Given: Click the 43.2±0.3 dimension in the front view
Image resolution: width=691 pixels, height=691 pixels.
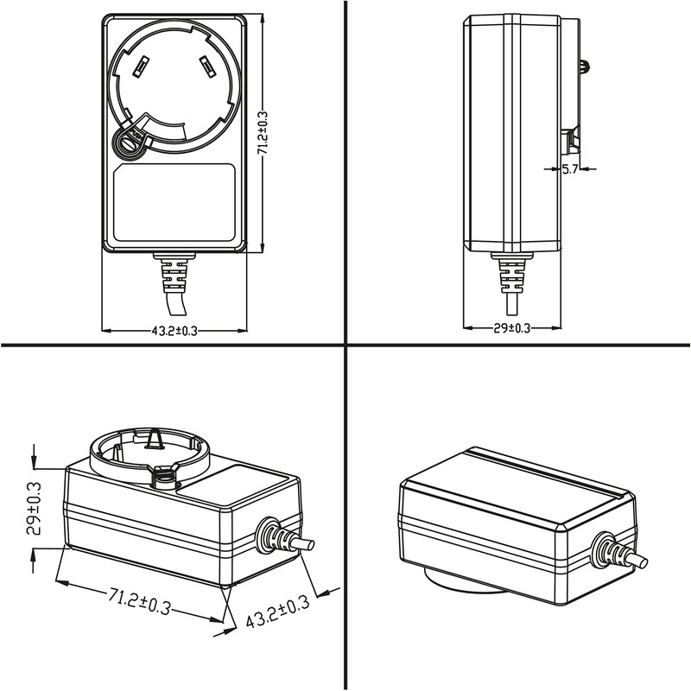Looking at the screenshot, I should pyautogui.click(x=174, y=331).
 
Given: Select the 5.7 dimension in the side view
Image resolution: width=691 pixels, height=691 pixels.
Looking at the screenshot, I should pyautogui.click(x=570, y=170).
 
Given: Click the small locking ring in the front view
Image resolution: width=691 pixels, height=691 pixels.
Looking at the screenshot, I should pyautogui.click(x=128, y=143).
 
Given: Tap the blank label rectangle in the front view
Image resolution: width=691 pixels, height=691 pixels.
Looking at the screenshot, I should pyautogui.click(x=176, y=204).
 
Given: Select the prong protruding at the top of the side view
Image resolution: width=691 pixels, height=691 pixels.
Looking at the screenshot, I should pyautogui.click(x=586, y=65).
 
